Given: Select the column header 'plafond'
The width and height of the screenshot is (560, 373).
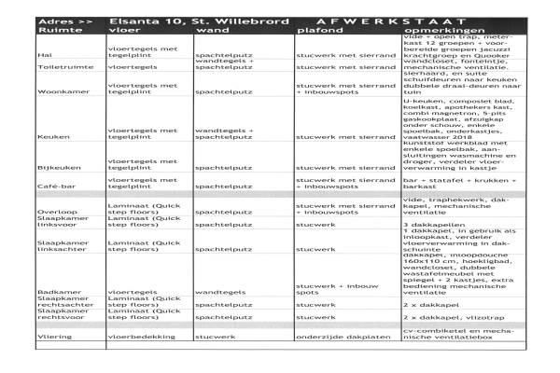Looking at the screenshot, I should (x=316, y=30).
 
